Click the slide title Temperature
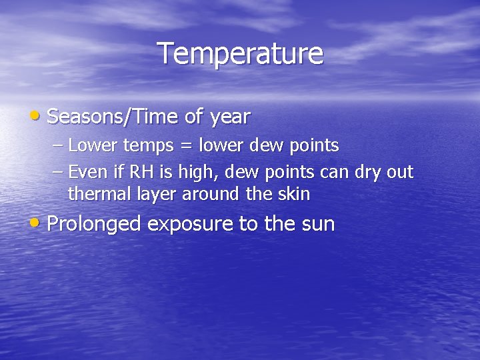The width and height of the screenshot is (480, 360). [x=240, y=54]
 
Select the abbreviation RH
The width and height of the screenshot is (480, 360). [x=141, y=173]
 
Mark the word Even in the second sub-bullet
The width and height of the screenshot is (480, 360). [x=83, y=173]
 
